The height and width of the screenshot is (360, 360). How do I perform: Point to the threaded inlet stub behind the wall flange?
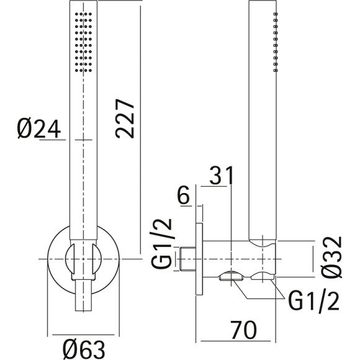tap(187, 258)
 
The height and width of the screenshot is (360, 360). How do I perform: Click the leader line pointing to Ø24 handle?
tap(52, 139)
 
